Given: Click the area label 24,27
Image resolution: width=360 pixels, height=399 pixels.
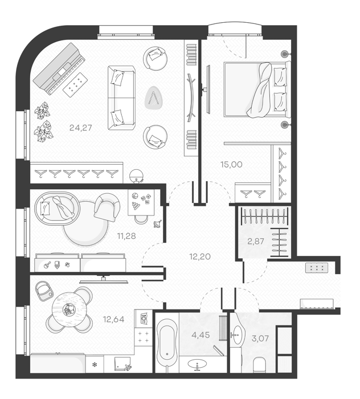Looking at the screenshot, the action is point(80,128).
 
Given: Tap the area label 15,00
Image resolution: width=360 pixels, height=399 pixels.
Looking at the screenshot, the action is point(231,164).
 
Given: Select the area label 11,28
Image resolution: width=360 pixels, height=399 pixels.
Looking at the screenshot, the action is point(126,236).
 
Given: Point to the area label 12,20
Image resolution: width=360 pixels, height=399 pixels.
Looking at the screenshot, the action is point(200,256).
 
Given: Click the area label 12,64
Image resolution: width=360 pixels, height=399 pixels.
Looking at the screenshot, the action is point(114,319).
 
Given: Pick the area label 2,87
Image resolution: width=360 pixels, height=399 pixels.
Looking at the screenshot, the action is point(256,241).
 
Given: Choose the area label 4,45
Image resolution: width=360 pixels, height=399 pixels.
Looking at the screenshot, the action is point(201,335).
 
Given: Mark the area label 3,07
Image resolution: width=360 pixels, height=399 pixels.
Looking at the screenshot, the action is point(260,339).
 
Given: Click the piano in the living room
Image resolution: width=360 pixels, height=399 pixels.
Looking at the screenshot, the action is point(59,68).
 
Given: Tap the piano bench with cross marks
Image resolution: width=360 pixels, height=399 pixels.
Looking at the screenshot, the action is point(76,84).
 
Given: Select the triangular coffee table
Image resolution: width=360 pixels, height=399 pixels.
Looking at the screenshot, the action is point(154,97).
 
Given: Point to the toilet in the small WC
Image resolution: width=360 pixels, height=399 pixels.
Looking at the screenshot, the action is point(260,364).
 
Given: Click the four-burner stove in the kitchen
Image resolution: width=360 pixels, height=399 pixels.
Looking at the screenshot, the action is point(143,337).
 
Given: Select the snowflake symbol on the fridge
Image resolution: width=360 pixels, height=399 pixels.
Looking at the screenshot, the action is point(95,365).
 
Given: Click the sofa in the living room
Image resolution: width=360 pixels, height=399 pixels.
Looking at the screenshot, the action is point(121,98).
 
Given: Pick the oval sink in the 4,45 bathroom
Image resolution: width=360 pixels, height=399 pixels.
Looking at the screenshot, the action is point(197,364).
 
